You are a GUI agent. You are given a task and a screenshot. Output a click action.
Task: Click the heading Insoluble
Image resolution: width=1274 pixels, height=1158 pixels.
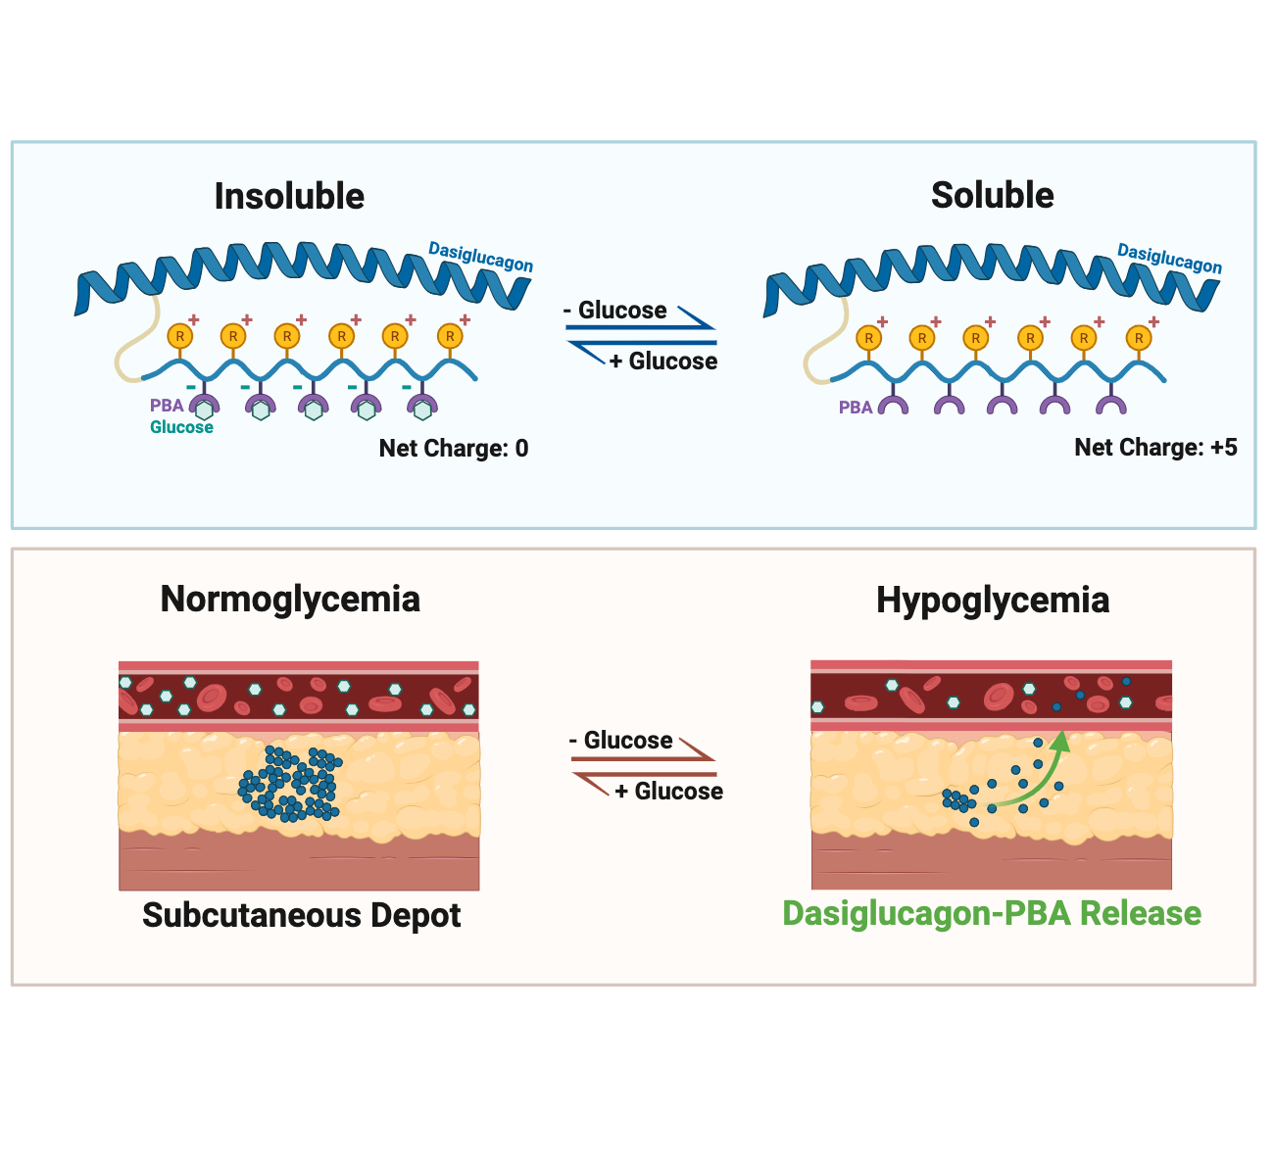(x=289, y=196)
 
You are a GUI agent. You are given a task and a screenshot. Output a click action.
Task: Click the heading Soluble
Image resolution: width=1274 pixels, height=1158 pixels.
(x=992, y=195)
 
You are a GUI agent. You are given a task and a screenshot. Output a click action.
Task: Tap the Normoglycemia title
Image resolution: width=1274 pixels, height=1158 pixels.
(x=290, y=599)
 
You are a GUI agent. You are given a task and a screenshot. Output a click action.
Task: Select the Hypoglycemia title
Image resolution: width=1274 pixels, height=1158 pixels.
(x=992, y=600)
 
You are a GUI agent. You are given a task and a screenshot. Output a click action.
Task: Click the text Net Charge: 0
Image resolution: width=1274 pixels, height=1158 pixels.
(x=453, y=449)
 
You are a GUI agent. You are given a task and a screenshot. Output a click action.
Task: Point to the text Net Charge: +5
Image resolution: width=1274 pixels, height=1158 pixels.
(x=1155, y=448)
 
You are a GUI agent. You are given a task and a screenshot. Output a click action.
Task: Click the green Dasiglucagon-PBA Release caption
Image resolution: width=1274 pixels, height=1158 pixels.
(x=991, y=913)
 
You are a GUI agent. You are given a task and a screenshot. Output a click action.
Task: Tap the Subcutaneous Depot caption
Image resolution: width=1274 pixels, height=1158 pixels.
(x=301, y=915)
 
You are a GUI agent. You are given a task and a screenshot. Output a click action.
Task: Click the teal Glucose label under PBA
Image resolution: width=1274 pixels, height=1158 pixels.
(x=181, y=427)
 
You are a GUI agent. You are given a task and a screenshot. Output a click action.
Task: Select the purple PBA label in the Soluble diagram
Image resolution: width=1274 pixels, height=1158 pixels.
(x=855, y=408)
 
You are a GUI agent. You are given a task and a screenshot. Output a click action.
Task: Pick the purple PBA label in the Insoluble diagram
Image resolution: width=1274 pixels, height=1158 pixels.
(x=167, y=406)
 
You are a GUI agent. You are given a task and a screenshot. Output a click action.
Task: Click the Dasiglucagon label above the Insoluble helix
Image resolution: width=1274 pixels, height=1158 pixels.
(x=480, y=258)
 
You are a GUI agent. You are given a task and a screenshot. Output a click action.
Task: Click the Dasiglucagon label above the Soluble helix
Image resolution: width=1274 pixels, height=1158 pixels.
(x=1169, y=259)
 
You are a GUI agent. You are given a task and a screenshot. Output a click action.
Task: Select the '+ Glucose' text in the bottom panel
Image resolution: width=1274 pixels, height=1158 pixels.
(x=669, y=792)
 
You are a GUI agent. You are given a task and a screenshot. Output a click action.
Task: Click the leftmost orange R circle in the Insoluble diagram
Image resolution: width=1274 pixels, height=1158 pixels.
(x=179, y=336)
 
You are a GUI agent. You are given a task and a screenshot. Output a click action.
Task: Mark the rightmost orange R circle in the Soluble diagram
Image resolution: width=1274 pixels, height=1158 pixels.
(x=1138, y=338)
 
